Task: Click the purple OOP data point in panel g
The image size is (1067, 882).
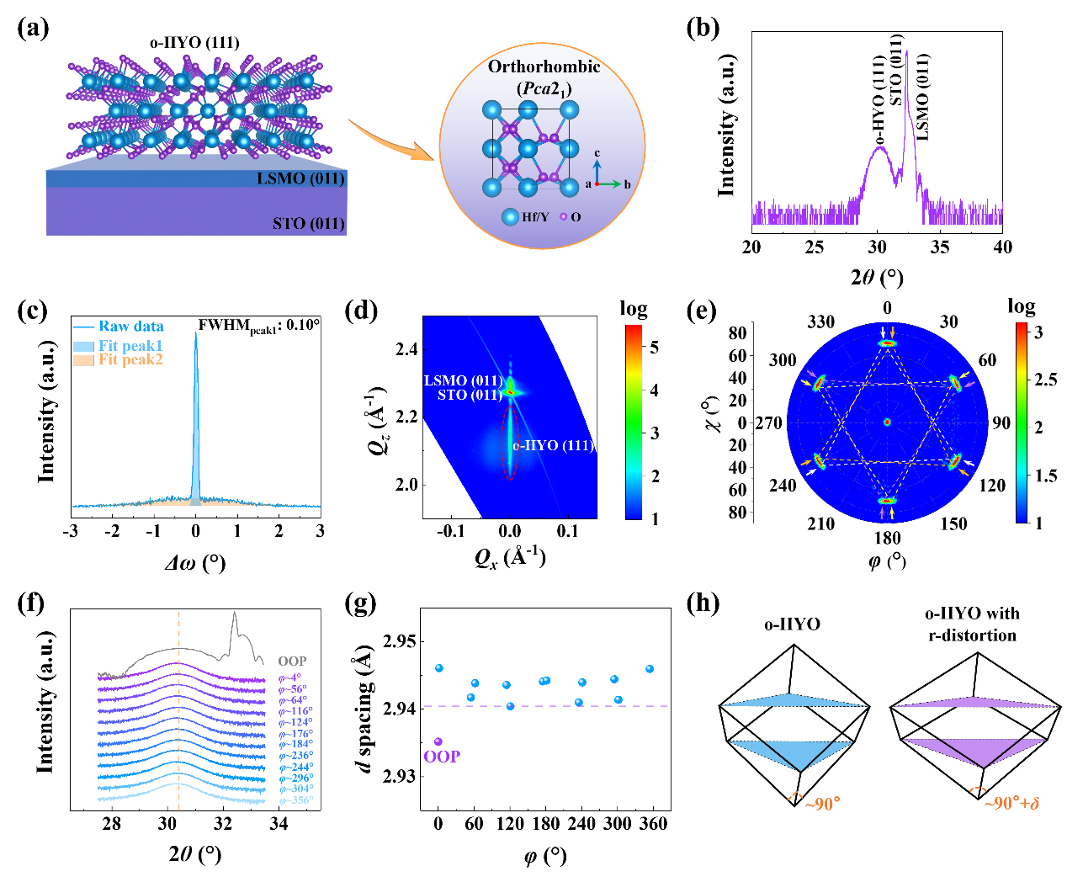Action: [x=438, y=741]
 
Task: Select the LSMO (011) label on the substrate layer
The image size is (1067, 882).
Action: [x=300, y=178]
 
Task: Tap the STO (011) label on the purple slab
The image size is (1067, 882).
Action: [x=309, y=223]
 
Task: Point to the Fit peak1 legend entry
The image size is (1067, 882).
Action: [x=130, y=346]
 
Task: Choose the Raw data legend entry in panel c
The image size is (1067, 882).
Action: [x=130, y=327]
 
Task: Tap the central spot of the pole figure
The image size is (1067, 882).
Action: [x=887, y=422]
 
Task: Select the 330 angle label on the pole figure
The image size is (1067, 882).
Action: [x=821, y=321]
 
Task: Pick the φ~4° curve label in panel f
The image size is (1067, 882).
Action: [x=289, y=677]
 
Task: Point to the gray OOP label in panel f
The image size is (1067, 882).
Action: [x=292, y=661]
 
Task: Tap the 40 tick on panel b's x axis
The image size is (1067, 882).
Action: [x=1002, y=247]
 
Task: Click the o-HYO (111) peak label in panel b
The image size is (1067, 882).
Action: [x=879, y=101]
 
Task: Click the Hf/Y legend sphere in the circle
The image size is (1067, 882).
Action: [x=510, y=217]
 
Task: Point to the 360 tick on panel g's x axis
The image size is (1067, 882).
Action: [x=654, y=824]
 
